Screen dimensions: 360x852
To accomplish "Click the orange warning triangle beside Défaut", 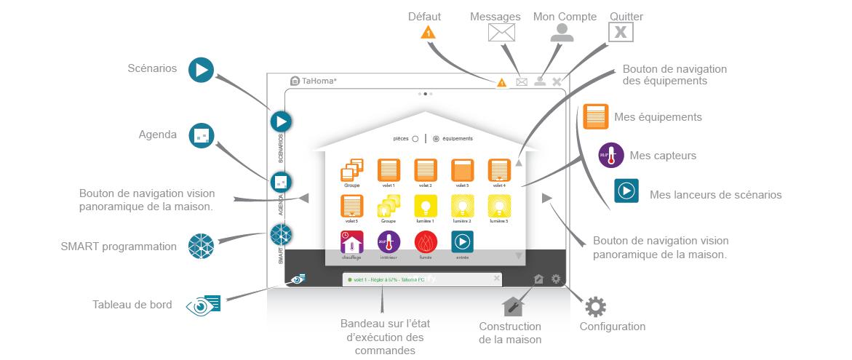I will coord(429,33).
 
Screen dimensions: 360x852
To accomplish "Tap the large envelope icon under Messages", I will coord(501,33).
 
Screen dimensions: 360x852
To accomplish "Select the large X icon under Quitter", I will coord(620,32).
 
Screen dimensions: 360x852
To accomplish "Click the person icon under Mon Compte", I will coord(562,32).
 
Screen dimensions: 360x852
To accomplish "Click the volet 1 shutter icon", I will coord(389,170).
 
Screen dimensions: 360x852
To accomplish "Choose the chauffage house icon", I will coord(351,242).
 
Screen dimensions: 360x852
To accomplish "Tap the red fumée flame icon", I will coord(426,242).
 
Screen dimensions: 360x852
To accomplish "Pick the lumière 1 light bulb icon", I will coord(426,206).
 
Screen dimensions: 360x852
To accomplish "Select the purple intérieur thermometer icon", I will coord(389,242).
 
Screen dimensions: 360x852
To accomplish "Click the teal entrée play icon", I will coord(463,242).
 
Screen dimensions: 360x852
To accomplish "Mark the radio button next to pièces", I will coord(415,139).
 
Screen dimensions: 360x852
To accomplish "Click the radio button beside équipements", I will coord(436,139).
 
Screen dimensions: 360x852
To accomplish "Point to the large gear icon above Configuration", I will coord(595,307).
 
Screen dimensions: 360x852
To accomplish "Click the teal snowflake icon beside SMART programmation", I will coord(202,247).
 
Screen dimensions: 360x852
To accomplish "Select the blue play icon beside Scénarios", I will coord(201,70).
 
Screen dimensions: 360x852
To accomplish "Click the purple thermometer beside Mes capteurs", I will coord(610,156).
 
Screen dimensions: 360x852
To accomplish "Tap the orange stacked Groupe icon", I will coord(351,170).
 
